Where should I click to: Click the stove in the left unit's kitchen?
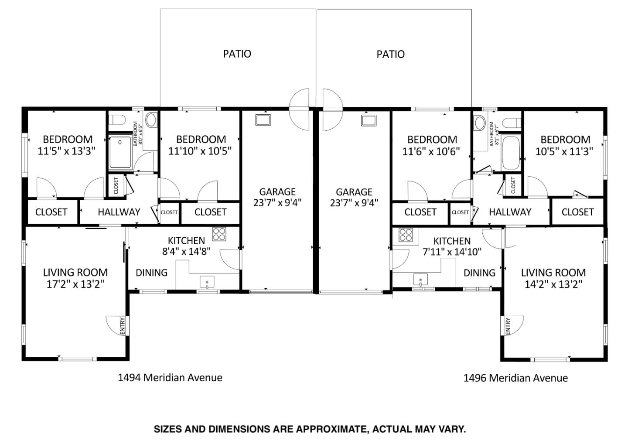(219, 234)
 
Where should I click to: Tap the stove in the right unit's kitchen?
(405, 235)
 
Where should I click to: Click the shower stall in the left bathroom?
(120, 152)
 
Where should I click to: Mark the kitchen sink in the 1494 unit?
(207, 282)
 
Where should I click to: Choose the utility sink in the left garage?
(263, 120)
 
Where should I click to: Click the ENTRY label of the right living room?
(508, 327)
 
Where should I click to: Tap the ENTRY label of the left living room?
(123, 326)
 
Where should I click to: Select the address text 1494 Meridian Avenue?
(170, 377)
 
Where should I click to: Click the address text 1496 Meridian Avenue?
(515, 378)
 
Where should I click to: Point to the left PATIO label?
(237, 54)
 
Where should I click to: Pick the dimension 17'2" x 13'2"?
(75, 284)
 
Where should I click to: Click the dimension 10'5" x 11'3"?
(564, 151)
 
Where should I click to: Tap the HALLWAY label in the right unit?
(510, 212)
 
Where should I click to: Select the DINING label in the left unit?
(151, 273)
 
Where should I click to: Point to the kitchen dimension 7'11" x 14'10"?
(452, 252)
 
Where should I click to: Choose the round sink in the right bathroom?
(480, 123)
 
